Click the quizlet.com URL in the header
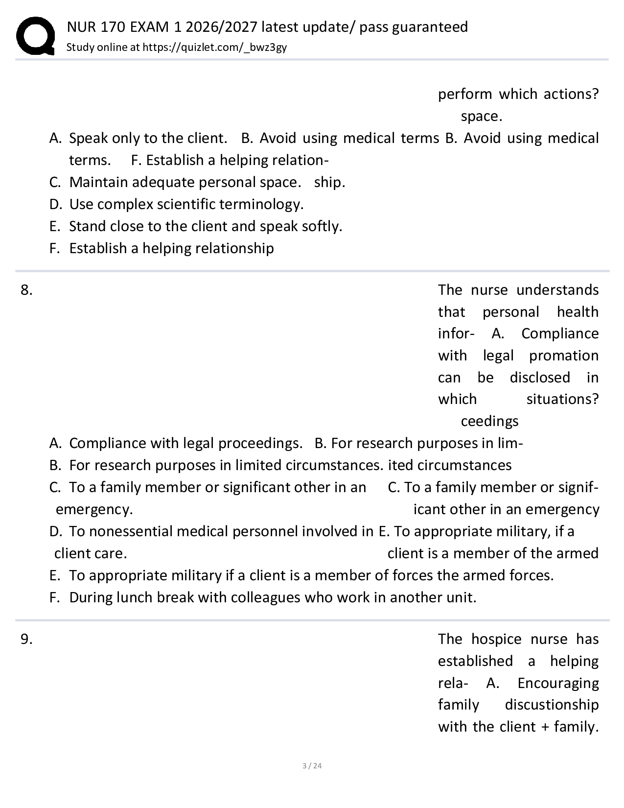click(214, 47)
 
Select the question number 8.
click(26, 290)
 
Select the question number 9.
click(26, 640)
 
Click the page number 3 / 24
click(312, 765)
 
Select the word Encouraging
click(558, 683)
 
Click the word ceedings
click(489, 421)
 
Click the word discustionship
click(552, 705)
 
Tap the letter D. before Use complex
click(55, 204)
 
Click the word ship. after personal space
click(329, 182)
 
